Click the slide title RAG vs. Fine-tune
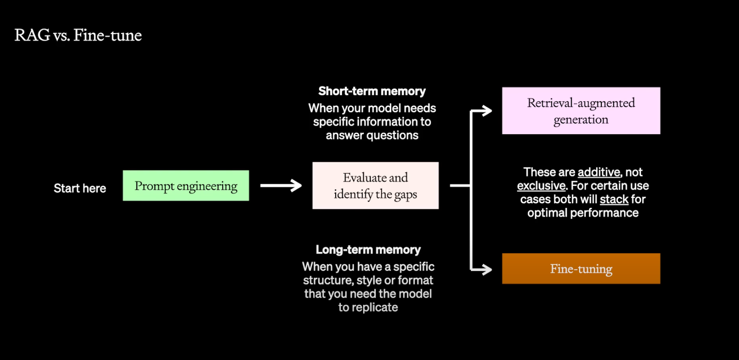point(78,35)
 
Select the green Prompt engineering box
point(186,186)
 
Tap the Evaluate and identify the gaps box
point(375,186)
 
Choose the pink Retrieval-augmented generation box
point(581,111)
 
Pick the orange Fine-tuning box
point(581,269)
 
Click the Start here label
point(80,188)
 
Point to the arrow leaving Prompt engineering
point(281,186)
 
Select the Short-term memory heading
point(372,91)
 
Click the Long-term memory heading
point(368,250)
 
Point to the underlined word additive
point(599,172)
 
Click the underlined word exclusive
point(541,186)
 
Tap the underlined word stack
point(614,200)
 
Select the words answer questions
point(372,136)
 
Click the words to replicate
point(368,307)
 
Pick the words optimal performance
point(583,213)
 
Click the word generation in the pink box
point(581,120)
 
